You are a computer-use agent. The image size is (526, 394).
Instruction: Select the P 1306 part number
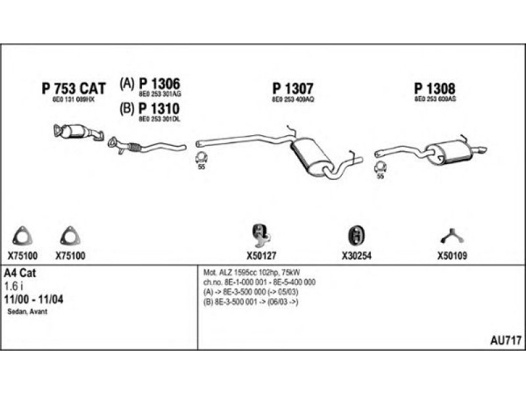(x=160, y=84)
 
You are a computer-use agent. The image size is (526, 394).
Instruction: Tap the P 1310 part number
(x=160, y=108)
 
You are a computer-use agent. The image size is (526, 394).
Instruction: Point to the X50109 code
(x=452, y=256)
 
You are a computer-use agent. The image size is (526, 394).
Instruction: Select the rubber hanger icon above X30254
(x=356, y=235)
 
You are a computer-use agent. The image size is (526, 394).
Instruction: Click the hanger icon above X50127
(x=261, y=233)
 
